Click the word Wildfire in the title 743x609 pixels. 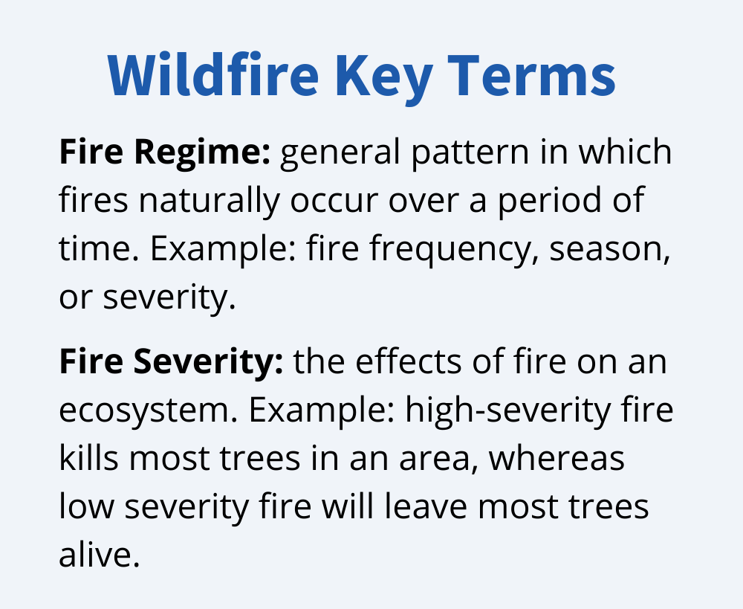pos(213,74)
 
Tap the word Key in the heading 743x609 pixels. pos(384,78)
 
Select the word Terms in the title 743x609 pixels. pos(532,75)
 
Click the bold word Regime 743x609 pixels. pos(202,152)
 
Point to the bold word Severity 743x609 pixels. pos(208,362)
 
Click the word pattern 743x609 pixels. pos(470,152)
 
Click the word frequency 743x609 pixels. pos(455,250)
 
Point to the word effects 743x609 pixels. pos(409,362)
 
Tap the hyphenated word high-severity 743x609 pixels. pos(508,410)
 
